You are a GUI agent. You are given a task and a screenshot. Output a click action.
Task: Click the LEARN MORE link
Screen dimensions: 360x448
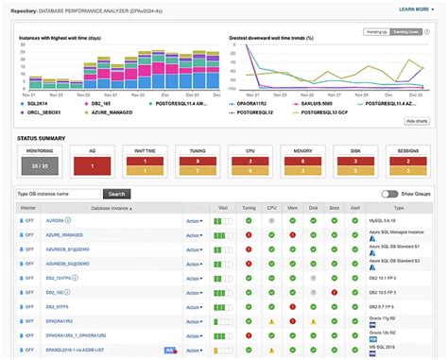pyautogui.click(x=413, y=9)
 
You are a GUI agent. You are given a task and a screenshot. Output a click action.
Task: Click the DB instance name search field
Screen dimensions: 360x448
pyautogui.click(x=58, y=194)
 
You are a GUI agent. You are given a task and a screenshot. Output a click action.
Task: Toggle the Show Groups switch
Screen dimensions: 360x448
pyautogui.click(x=388, y=194)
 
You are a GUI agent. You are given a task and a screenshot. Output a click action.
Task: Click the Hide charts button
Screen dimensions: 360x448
pyautogui.click(x=417, y=121)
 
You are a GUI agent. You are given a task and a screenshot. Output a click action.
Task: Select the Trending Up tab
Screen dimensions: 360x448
pyautogui.click(x=377, y=31)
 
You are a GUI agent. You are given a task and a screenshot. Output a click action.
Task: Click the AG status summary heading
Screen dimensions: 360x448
pyautogui.click(x=92, y=151)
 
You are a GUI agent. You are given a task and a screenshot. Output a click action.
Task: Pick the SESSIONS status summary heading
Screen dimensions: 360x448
pyautogui.click(x=409, y=151)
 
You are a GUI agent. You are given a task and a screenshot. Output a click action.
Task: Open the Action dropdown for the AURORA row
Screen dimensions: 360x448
pyautogui.click(x=194, y=220)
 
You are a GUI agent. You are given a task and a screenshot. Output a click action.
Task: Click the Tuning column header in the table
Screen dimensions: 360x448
pyautogui.click(x=248, y=206)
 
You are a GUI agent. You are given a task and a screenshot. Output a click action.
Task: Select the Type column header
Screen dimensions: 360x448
pyautogui.click(x=398, y=206)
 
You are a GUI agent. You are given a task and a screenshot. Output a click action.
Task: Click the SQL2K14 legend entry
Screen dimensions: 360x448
pyautogui.click(x=37, y=103)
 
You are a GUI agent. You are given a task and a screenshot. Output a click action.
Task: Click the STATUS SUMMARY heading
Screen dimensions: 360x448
pyautogui.click(x=41, y=138)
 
